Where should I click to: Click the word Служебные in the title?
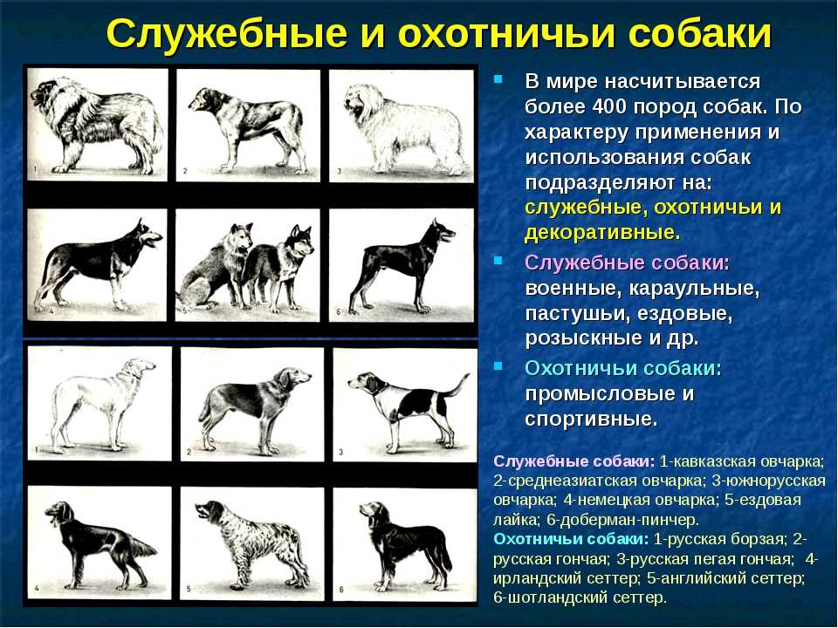click(x=227, y=34)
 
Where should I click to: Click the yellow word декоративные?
click(x=602, y=233)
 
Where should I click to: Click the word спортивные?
click(x=591, y=420)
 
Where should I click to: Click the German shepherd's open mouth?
click(x=155, y=240)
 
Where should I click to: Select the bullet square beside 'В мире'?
click(x=498, y=79)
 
